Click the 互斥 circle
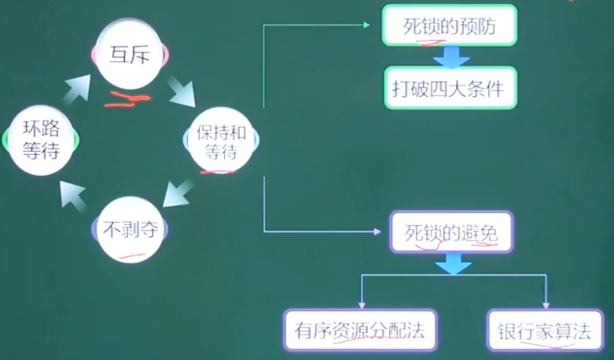pos(130,54)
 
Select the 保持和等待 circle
pos(221,141)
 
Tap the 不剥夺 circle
pos(130,230)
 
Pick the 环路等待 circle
pos(41,140)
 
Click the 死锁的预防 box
pos(449,26)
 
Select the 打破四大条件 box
pos(450,88)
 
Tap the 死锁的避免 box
pos(451,232)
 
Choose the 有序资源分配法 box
pos(360,330)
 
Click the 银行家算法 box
pos(545,330)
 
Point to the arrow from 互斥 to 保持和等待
pos(181,92)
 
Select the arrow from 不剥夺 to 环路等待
pos(73,195)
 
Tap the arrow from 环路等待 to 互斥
pos(77,89)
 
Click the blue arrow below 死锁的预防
pos(451,57)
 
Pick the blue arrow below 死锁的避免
pos(453,263)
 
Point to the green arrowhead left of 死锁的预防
pos(366,25)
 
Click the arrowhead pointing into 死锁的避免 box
pos(377,232)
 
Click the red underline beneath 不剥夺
pos(132,256)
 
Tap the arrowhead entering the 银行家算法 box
pos(546,305)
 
